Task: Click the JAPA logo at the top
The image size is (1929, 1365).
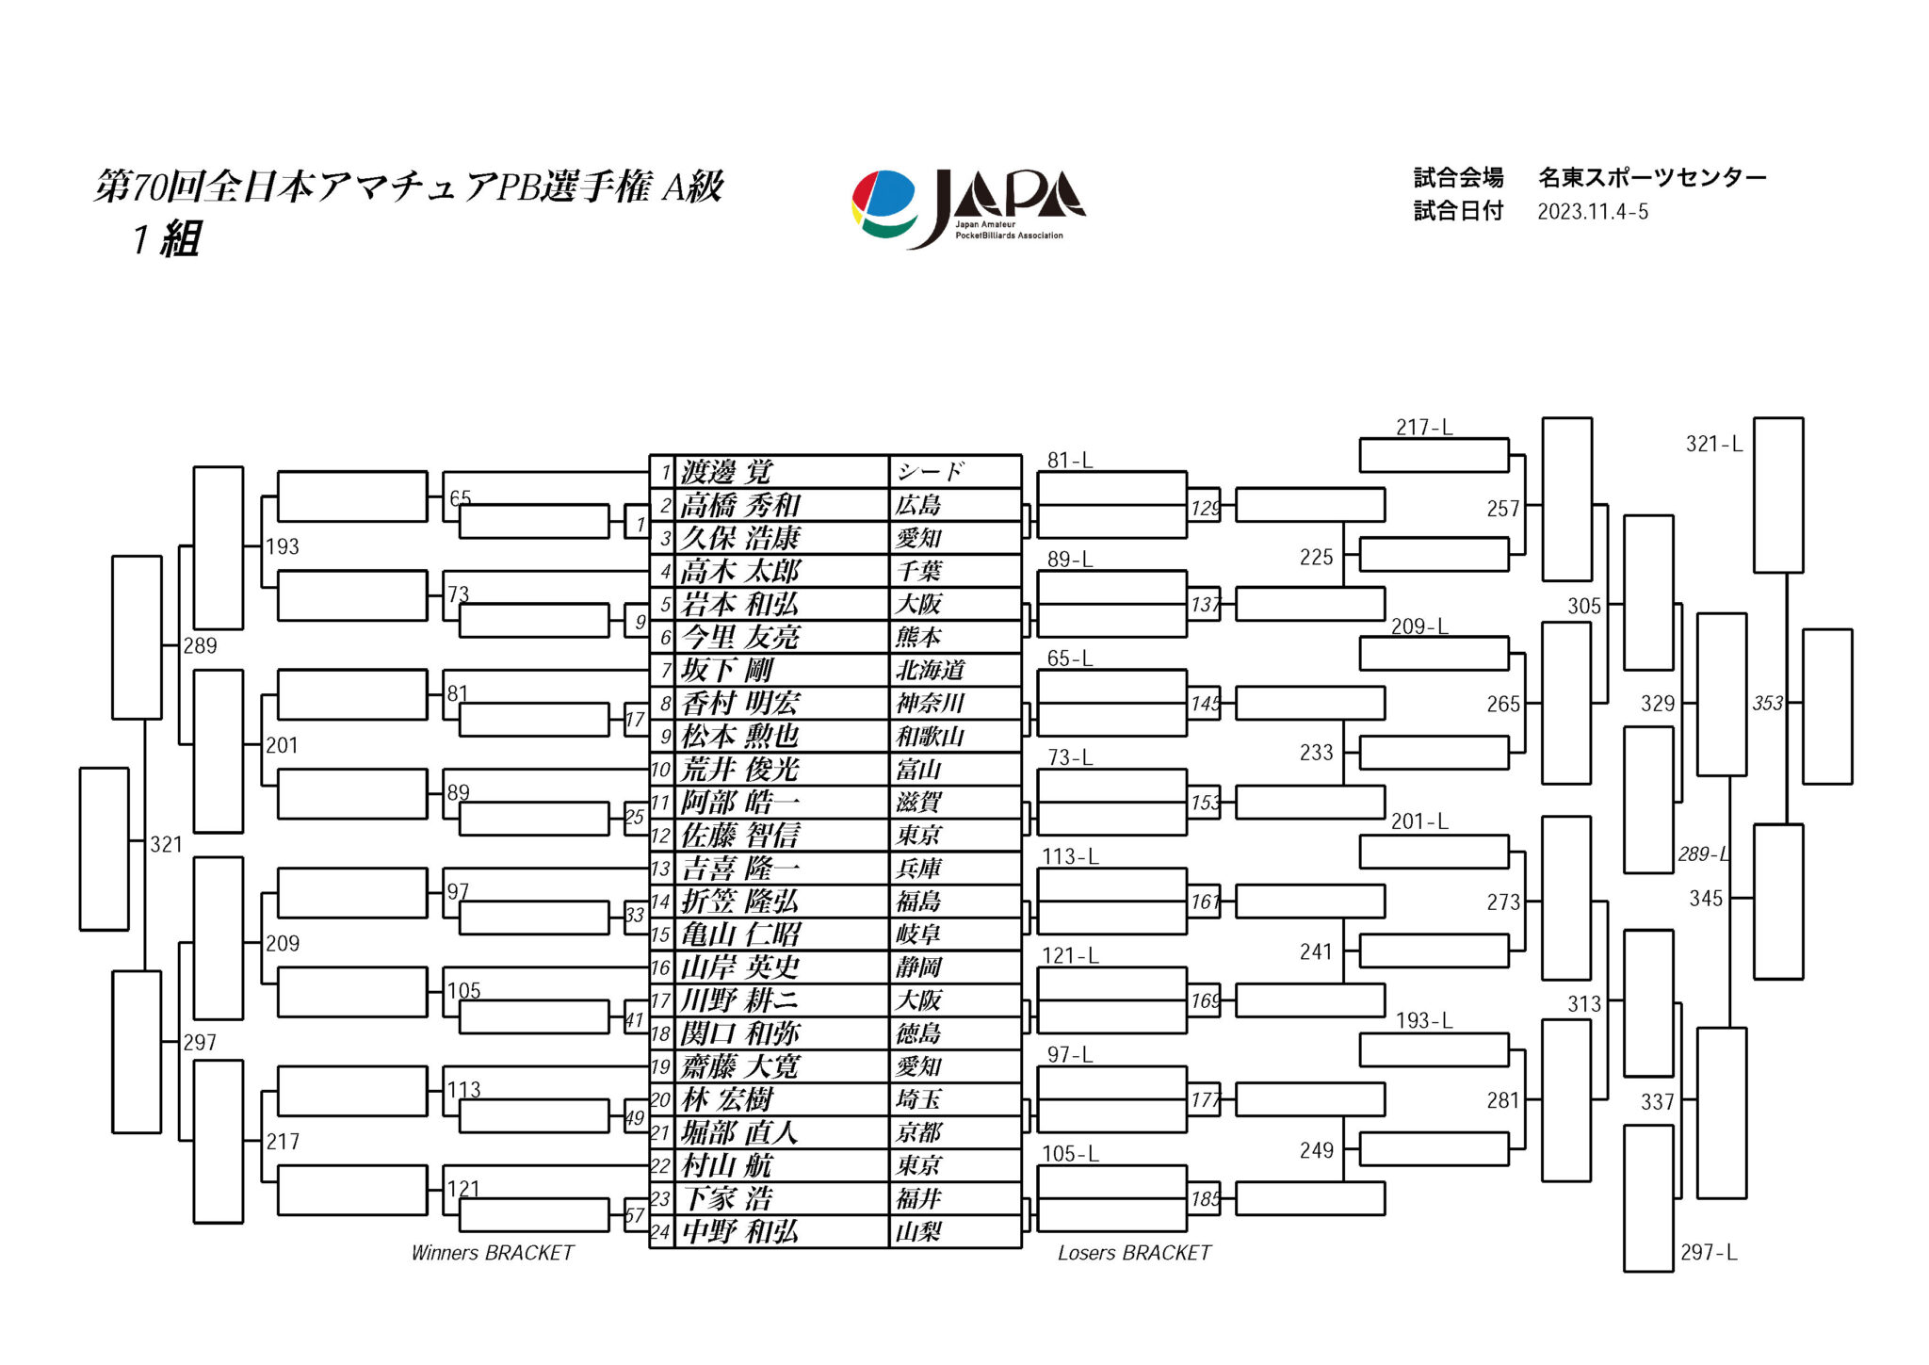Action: (967, 208)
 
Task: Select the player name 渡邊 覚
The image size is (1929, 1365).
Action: (726, 471)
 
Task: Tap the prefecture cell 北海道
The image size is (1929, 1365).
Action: (931, 670)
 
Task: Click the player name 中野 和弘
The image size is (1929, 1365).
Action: (740, 1231)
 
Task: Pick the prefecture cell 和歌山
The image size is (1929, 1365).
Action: (931, 736)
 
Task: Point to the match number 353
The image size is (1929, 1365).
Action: (1767, 703)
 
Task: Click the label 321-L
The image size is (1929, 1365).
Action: (1713, 444)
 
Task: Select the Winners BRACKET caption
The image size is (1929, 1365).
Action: (492, 1253)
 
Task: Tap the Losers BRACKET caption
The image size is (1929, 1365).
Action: (1133, 1253)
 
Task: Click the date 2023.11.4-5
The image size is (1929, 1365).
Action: (1592, 212)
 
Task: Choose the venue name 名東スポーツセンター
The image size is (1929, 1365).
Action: (1651, 177)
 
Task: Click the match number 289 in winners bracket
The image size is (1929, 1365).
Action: (200, 645)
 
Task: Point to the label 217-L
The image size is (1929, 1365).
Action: (1423, 428)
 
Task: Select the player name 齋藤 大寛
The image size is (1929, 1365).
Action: (740, 1066)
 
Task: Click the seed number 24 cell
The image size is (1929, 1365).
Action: (661, 1231)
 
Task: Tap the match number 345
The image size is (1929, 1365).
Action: (1705, 898)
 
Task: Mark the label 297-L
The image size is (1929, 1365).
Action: (1708, 1252)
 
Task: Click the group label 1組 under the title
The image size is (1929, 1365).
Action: (167, 239)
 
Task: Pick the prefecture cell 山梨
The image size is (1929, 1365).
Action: (918, 1231)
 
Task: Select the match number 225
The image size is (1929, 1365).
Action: (1316, 557)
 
